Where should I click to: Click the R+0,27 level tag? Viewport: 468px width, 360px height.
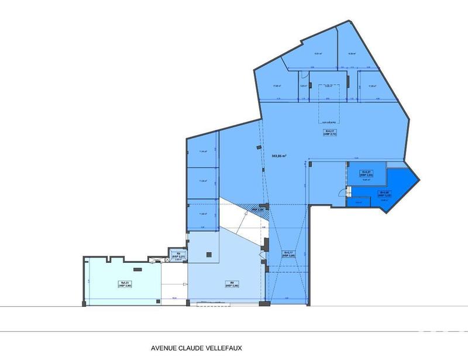pyautogui.click(x=367, y=173)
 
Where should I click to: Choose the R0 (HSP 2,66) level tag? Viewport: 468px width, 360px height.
pyautogui.click(x=232, y=284)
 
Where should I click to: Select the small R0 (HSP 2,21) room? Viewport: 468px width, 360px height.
pyautogui.click(x=177, y=256)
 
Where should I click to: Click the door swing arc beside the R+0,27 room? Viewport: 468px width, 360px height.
pyautogui.click(x=349, y=190)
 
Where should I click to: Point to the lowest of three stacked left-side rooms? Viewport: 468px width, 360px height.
pyautogui.click(x=202, y=214)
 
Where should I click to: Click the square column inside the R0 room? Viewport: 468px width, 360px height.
pyautogui.click(x=209, y=254)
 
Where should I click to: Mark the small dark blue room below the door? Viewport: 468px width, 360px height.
pyautogui.click(x=356, y=203)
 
